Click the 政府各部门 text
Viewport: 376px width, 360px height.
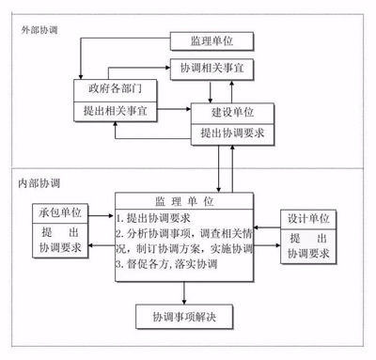tap(115, 90)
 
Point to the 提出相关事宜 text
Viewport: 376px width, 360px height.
tap(115, 111)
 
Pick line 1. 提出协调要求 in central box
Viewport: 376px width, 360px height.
tap(156, 218)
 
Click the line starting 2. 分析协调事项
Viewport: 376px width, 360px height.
tap(184, 233)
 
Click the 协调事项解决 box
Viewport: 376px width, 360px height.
tap(183, 315)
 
